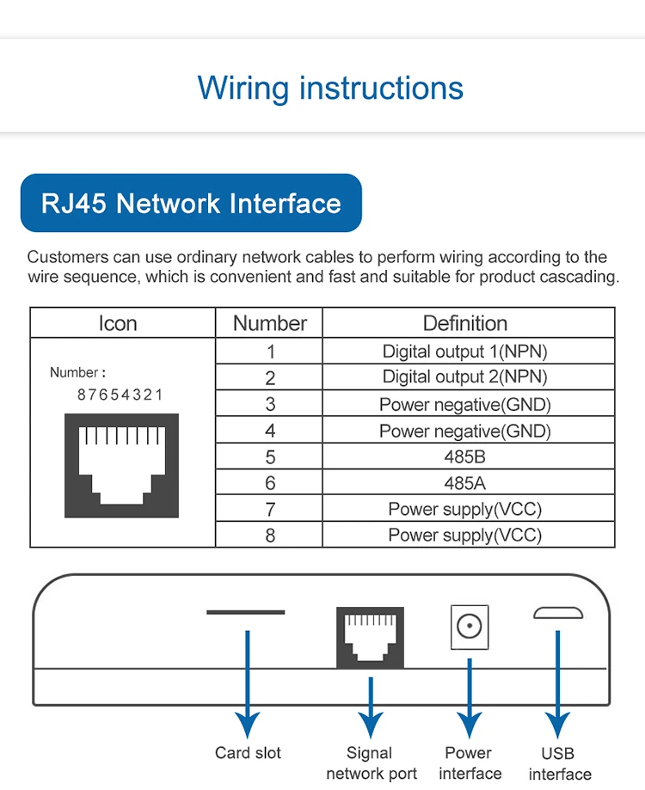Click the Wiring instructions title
(x=330, y=88)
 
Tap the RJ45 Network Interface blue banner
(x=191, y=204)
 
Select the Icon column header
(x=118, y=323)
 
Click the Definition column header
(x=465, y=323)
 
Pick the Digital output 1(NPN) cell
(x=465, y=351)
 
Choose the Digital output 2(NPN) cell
(x=465, y=377)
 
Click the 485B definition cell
(x=465, y=456)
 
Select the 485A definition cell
(x=465, y=483)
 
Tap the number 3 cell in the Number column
(x=270, y=404)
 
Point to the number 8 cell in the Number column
(x=270, y=536)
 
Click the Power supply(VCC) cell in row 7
(x=465, y=509)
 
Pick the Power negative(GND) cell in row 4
(x=465, y=431)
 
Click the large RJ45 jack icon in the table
(x=121, y=465)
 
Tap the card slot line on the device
(x=246, y=612)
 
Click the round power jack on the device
(x=470, y=627)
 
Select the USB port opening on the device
(x=558, y=613)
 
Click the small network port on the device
(x=370, y=637)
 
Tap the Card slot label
(x=248, y=753)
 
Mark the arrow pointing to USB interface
(x=558, y=679)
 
